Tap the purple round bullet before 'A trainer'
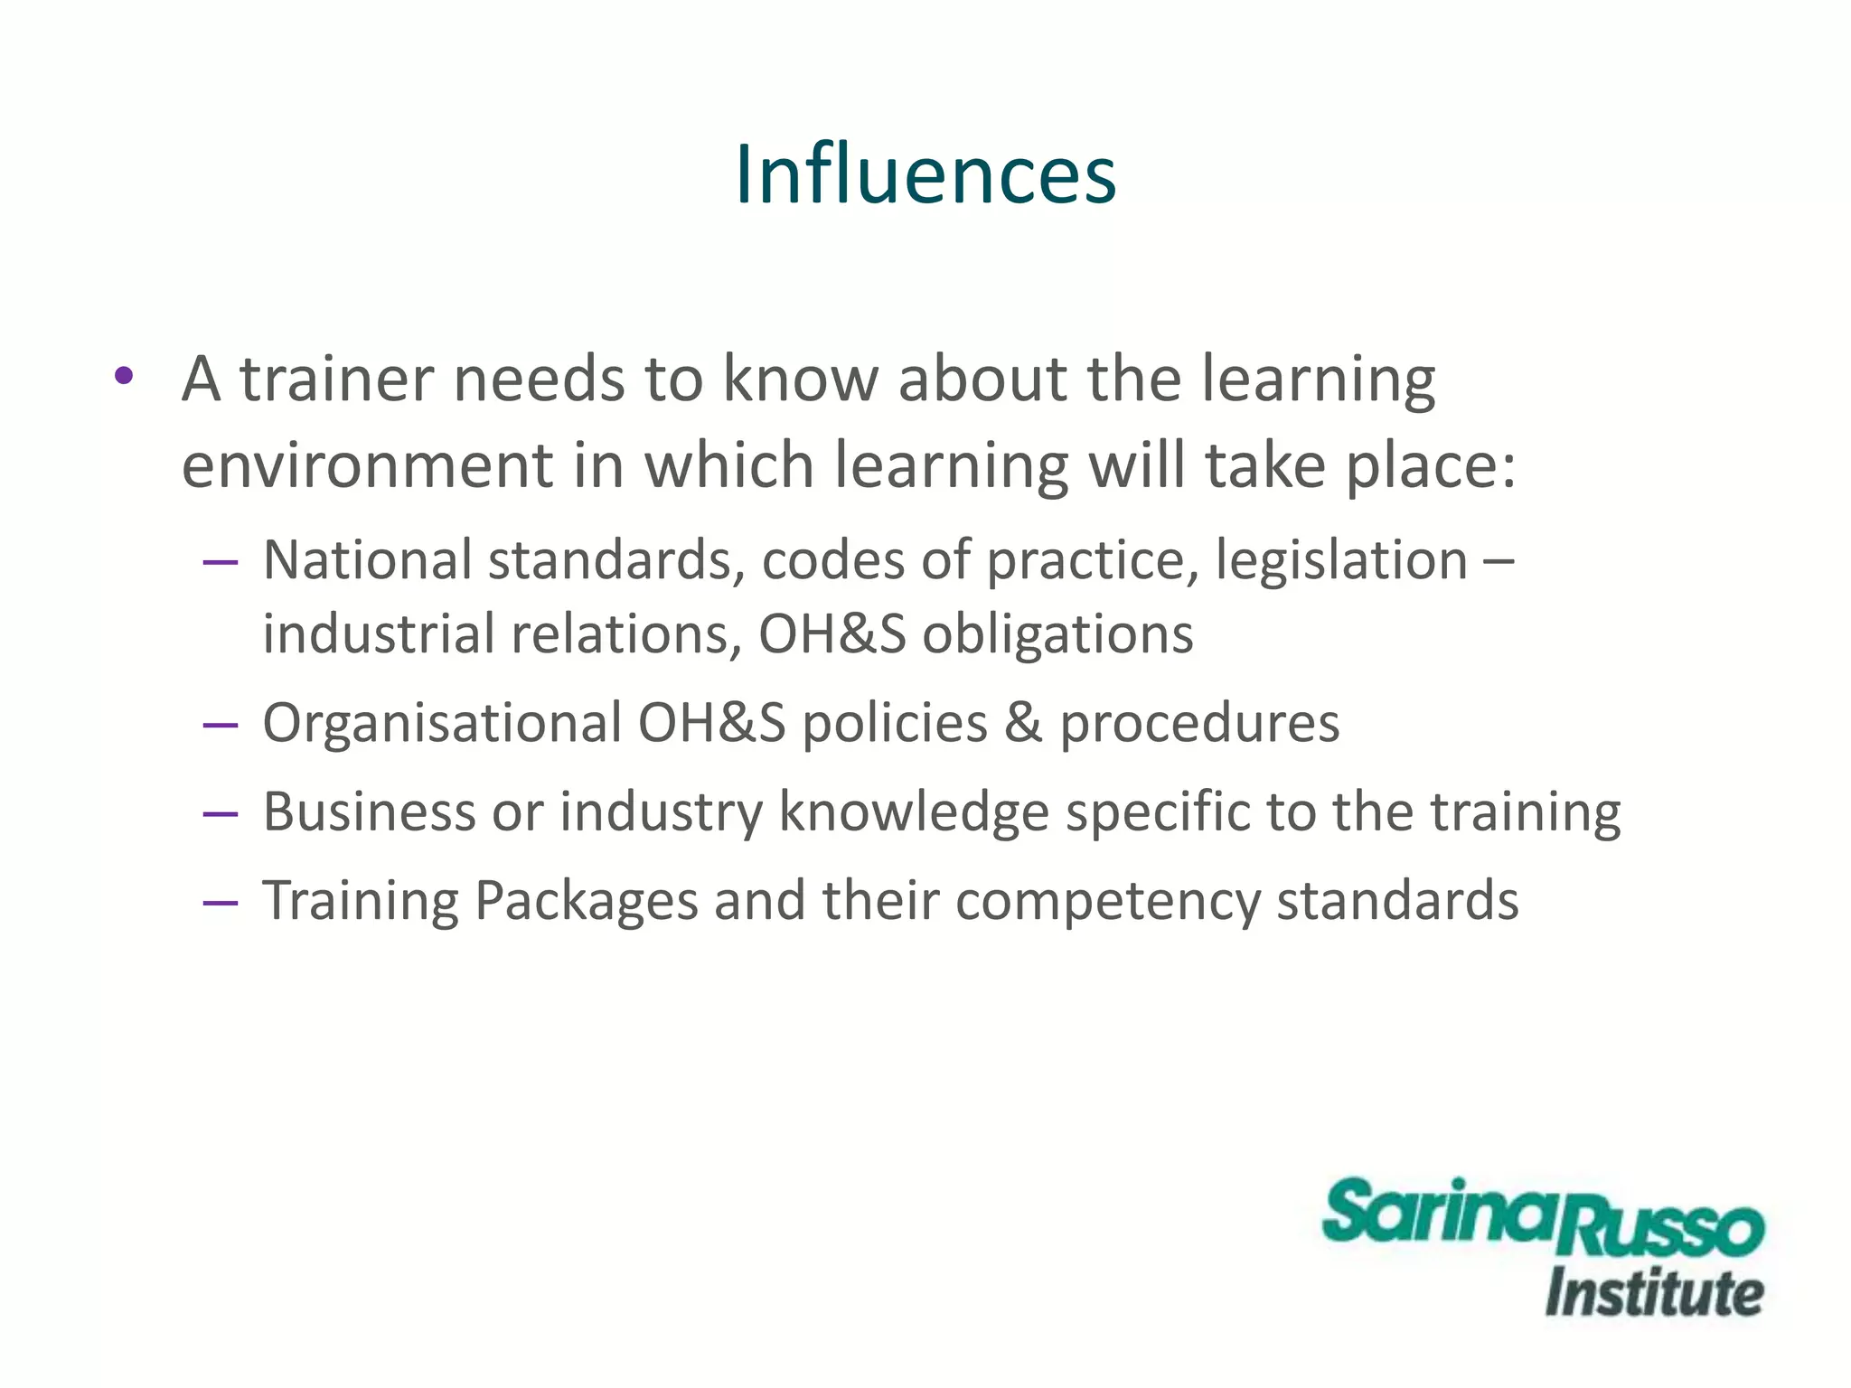click(125, 375)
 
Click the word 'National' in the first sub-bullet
click(367, 560)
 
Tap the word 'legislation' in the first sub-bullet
click(1341, 560)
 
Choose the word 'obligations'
click(1057, 633)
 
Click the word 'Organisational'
click(442, 723)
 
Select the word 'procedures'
click(1199, 723)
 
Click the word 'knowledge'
click(914, 811)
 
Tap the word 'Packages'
click(587, 901)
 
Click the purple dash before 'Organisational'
click(221, 725)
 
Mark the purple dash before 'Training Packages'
click(221, 903)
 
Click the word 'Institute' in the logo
click(1654, 1293)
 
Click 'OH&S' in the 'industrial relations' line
click(832, 633)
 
